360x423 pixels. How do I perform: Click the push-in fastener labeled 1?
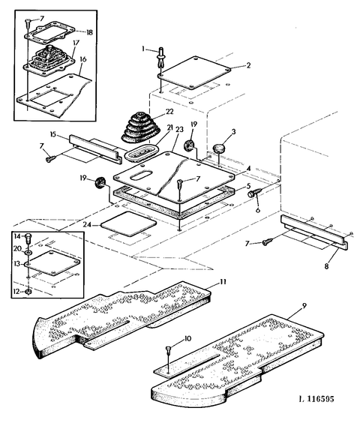pyautogui.click(x=161, y=58)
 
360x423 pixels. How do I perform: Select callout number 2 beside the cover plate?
pyautogui.click(x=248, y=65)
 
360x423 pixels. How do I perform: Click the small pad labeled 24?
pyautogui.click(x=128, y=224)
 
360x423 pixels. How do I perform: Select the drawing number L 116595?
pyautogui.click(x=316, y=399)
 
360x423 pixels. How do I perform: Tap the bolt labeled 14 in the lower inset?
pyautogui.click(x=28, y=240)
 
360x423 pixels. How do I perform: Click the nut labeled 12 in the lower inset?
pyautogui.click(x=27, y=292)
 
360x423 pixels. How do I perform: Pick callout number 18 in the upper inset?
pyautogui.click(x=89, y=32)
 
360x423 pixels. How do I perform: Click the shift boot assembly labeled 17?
pyautogui.click(x=49, y=61)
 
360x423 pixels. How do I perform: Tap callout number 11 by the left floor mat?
pyautogui.click(x=223, y=282)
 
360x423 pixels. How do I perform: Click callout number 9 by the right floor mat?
pyautogui.click(x=304, y=305)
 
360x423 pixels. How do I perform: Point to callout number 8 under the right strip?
pyautogui.click(x=326, y=266)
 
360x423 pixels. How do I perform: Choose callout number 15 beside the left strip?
pyautogui.click(x=52, y=134)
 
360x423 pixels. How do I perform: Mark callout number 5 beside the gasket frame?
pyautogui.click(x=248, y=186)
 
